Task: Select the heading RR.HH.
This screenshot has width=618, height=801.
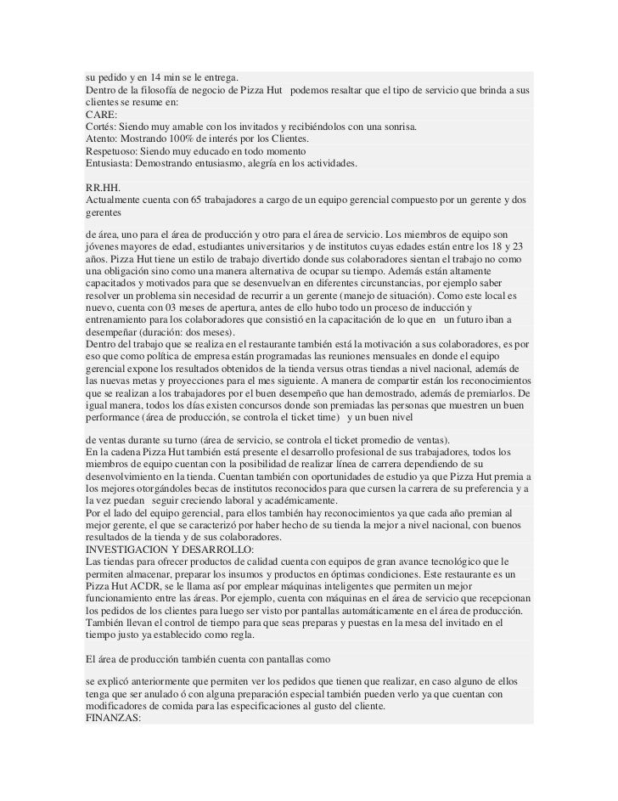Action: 102,186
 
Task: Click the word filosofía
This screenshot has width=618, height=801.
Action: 157,90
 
